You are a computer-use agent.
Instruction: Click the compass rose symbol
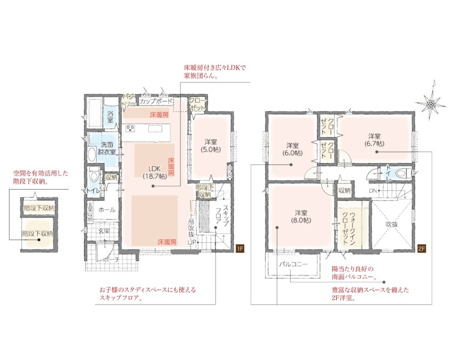click(x=431, y=103)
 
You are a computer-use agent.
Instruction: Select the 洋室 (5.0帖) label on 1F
click(x=211, y=146)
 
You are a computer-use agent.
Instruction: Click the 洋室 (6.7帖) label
click(x=375, y=140)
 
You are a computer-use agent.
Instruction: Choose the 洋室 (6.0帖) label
click(x=293, y=149)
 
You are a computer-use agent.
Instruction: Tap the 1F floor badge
click(x=240, y=249)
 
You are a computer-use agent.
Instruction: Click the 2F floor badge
click(x=422, y=249)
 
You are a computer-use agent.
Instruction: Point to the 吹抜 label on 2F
click(x=391, y=224)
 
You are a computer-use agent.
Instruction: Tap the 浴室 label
click(x=110, y=117)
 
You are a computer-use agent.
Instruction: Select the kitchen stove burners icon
click(x=129, y=128)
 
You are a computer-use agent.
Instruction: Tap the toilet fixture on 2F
click(x=403, y=173)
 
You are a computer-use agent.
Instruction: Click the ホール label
click(x=107, y=210)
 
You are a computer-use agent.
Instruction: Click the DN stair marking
click(x=373, y=190)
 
